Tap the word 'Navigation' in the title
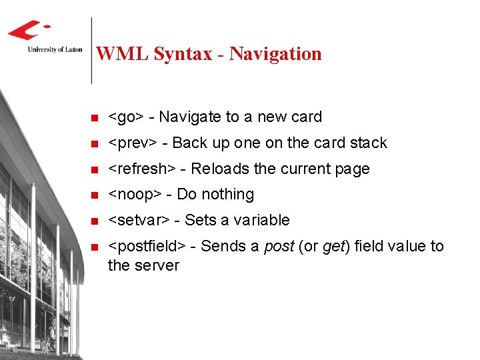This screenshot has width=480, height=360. coord(275,54)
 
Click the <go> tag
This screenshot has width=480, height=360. coord(125,117)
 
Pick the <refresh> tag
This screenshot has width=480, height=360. coord(141,169)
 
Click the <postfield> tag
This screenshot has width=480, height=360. coord(147,247)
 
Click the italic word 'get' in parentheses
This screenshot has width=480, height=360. coord(333,247)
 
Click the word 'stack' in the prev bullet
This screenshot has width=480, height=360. coord(368,143)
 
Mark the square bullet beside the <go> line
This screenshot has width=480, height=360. coord(94,118)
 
